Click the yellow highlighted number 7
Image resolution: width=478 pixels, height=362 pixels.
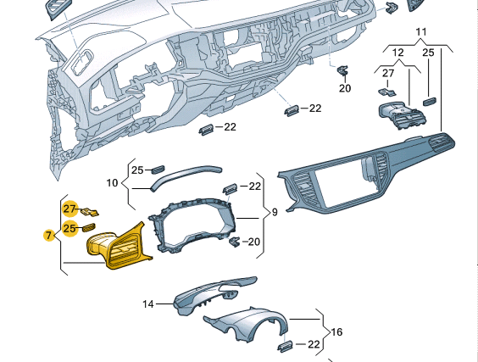(x=48, y=236)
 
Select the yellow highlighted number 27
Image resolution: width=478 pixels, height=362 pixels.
(x=69, y=209)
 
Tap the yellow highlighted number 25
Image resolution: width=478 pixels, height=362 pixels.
(x=69, y=228)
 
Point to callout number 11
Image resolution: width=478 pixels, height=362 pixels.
(x=421, y=31)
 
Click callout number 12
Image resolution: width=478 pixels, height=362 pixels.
(x=397, y=53)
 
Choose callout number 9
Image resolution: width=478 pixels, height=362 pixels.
(x=275, y=212)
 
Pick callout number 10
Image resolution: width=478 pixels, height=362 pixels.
(x=112, y=183)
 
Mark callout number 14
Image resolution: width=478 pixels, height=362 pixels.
(x=148, y=304)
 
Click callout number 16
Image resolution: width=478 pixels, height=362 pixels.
(x=336, y=331)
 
